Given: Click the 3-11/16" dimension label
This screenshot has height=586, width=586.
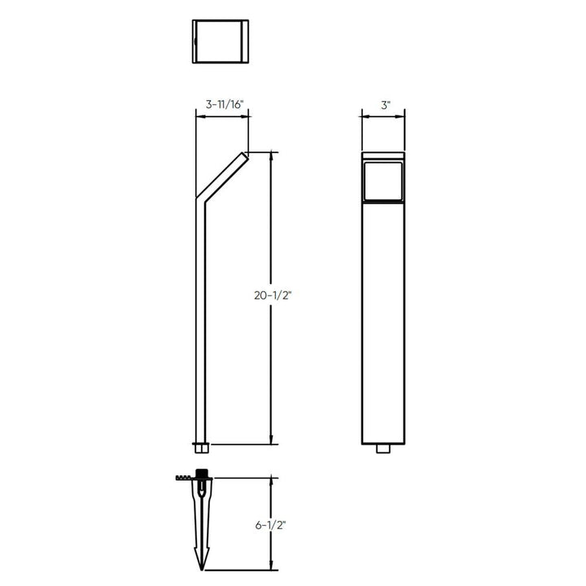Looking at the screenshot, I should pos(221,105).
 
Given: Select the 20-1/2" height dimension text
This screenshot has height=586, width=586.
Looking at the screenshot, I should pos(273,297).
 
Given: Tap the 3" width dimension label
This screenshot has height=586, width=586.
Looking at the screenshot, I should pos(385,105).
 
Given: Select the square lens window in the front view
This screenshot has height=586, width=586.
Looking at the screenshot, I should pos(384,181).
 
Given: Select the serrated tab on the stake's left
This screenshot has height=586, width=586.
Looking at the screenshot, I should pos(184,478).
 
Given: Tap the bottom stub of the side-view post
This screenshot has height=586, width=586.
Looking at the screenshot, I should pos(201,447).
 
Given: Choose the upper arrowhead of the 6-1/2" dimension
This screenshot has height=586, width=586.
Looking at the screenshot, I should pos(271,481).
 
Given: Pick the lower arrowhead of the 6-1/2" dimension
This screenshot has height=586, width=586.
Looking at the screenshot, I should pos(271,567).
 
